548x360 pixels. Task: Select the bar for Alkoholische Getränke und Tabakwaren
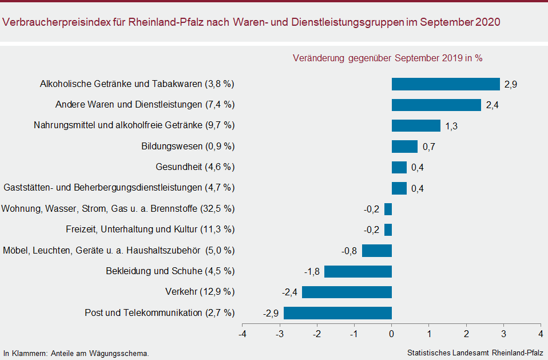click(x=446, y=84)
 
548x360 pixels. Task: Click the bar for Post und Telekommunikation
click(x=337, y=313)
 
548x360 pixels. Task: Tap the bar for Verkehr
click(x=347, y=292)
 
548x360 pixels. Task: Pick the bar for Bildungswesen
click(x=405, y=147)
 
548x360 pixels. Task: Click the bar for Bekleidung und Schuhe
click(x=358, y=271)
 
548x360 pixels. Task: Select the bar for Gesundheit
click(x=399, y=168)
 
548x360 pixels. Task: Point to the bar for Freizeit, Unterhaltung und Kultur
click(x=388, y=230)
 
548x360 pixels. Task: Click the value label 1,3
click(x=451, y=126)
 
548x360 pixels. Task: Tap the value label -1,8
click(x=312, y=271)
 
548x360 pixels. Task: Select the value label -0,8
click(x=349, y=251)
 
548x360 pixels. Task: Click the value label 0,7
click(x=429, y=147)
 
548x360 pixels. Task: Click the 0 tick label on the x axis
click(x=391, y=334)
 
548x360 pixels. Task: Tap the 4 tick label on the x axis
click(x=541, y=334)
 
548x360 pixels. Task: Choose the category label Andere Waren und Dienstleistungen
click(x=129, y=105)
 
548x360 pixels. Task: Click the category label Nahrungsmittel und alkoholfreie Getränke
click(x=118, y=125)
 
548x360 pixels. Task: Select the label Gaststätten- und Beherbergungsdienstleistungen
click(x=103, y=188)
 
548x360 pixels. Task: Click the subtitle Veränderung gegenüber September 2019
click(x=378, y=58)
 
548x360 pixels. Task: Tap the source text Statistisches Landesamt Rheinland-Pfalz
click(x=475, y=353)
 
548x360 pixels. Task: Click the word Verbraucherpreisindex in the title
click(x=56, y=22)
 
